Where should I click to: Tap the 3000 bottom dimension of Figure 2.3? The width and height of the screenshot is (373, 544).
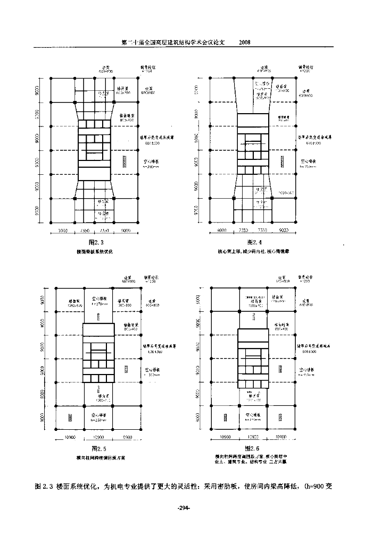point(62,231)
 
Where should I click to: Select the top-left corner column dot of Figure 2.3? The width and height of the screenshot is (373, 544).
point(51,78)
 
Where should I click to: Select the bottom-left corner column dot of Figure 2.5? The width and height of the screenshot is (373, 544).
point(56,429)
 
